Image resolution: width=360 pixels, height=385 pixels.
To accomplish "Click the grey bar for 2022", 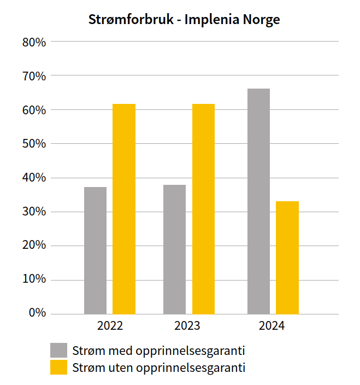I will click(95, 250).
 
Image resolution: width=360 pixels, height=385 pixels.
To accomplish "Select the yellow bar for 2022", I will click(124, 209).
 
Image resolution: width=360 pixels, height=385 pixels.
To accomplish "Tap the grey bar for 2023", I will click(174, 249).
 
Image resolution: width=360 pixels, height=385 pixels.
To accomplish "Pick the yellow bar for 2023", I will click(203, 209).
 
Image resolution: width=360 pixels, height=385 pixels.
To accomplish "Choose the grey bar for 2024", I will click(258, 201).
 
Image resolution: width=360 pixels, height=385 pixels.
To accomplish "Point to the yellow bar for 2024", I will click(287, 258).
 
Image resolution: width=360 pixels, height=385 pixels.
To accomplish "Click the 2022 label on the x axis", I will click(110, 326).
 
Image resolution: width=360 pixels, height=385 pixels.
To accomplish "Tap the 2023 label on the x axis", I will click(187, 326).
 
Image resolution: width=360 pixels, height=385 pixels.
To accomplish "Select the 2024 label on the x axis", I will click(272, 326).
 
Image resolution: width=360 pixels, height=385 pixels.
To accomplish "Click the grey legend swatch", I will click(58, 351).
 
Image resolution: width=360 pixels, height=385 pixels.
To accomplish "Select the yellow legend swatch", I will click(58, 367).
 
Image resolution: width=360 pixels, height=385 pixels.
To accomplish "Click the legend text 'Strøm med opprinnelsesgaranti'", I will click(158, 351).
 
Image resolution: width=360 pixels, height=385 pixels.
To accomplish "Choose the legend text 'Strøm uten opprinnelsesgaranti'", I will click(159, 367).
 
